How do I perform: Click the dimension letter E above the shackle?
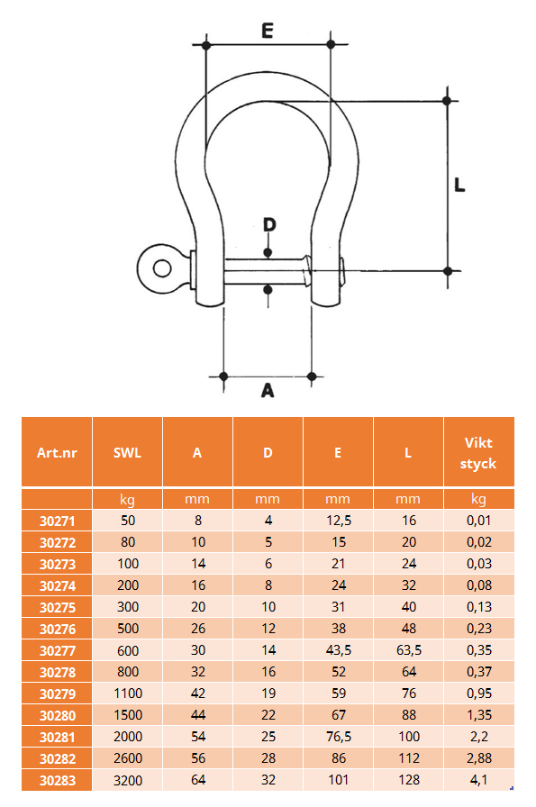point(268,31)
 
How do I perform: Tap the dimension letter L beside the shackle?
point(459,185)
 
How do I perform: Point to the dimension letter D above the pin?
point(269,225)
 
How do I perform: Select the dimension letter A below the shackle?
point(268,391)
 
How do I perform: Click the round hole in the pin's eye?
point(162,268)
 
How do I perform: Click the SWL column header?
point(127,453)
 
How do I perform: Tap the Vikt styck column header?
point(478,453)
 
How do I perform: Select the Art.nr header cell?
point(57,453)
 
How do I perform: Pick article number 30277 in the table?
point(58,651)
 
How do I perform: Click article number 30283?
point(58,781)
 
